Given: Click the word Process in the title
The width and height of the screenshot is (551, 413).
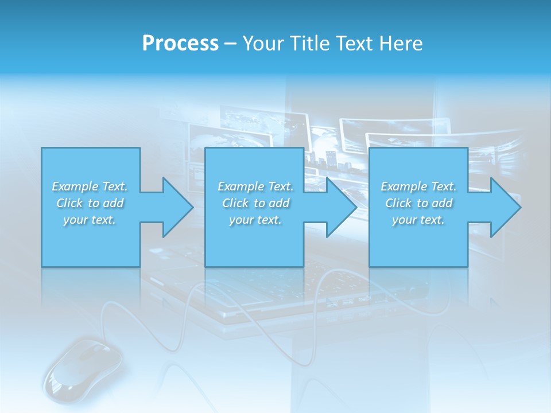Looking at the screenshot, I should [x=180, y=43].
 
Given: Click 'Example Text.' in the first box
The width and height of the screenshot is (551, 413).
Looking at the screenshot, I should [x=90, y=186].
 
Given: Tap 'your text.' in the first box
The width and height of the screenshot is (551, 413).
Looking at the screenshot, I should [x=90, y=220].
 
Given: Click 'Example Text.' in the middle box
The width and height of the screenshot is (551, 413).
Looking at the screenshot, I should [x=255, y=186].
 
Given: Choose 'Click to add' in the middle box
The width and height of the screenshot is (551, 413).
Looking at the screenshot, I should [x=255, y=203].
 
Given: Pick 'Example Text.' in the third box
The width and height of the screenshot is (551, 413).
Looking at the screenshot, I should [x=418, y=186].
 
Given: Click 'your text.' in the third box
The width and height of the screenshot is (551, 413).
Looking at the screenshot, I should [x=418, y=220].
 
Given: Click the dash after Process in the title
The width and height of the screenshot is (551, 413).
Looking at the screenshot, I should [x=230, y=44].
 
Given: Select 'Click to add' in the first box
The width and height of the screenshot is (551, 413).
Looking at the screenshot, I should [x=90, y=203].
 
